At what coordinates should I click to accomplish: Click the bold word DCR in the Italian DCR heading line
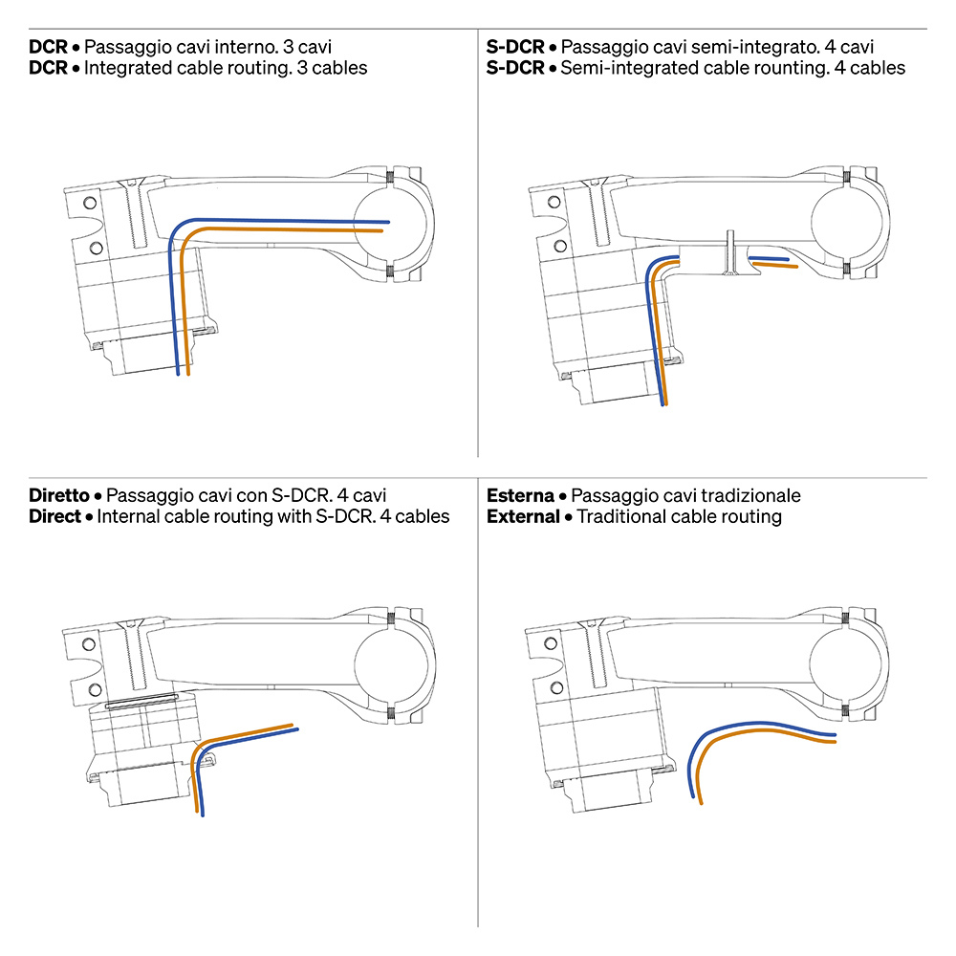click(48, 47)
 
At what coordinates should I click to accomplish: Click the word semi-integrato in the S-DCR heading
click(727, 47)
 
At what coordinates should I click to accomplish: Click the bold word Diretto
click(59, 495)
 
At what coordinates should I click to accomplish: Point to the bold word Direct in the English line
click(54, 516)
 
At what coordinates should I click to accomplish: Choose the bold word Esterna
click(520, 495)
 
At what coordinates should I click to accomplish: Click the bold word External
click(523, 516)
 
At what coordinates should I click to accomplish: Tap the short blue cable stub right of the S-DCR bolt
click(769, 258)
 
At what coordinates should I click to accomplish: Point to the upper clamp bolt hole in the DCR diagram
click(90, 203)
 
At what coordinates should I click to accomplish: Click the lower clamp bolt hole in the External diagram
click(556, 687)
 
